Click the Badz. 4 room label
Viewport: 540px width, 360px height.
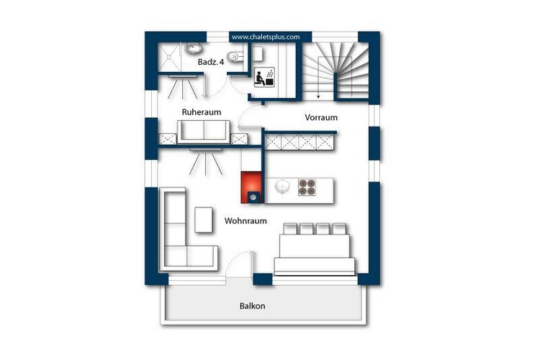click(211, 62)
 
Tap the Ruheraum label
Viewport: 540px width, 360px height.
click(202, 112)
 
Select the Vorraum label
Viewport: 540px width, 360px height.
click(321, 117)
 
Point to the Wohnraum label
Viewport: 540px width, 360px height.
click(246, 221)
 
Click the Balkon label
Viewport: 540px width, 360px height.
click(253, 306)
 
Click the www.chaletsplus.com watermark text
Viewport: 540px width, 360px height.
click(266, 37)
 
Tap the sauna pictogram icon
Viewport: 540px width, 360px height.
click(264, 77)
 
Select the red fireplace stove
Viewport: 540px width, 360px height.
click(253, 187)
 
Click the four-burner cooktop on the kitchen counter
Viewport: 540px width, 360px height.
click(307, 187)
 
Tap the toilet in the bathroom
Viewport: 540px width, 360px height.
click(235, 56)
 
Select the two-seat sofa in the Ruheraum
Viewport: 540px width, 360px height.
click(204, 131)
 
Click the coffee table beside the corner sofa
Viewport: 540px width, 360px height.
click(204, 220)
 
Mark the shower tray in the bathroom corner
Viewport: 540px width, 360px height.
click(169, 57)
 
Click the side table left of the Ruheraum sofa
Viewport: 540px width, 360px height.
click(167, 139)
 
